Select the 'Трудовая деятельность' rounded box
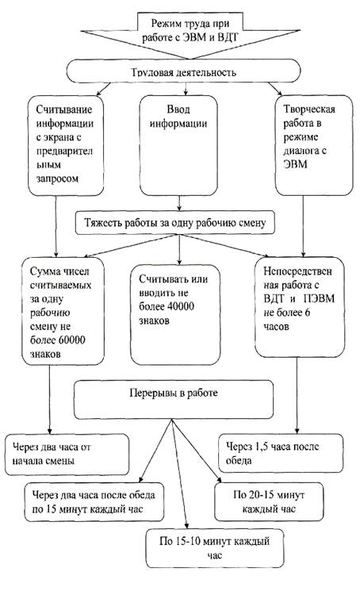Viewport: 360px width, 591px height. tap(183, 71)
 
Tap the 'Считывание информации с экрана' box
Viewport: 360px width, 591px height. tap(66, 145)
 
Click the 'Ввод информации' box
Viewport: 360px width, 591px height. tap(178, 145)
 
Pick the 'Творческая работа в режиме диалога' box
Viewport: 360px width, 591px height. tap(314, 145)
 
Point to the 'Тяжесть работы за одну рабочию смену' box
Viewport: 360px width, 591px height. tap(175, 223)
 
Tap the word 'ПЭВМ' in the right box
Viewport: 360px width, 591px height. tap(319, 299)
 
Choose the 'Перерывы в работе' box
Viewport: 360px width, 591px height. tap(174, 400)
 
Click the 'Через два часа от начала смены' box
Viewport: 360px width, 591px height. tap(67, 455)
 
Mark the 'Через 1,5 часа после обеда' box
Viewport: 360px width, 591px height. tap(281, 454)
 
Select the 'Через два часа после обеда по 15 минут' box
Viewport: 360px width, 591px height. tap(94, 502)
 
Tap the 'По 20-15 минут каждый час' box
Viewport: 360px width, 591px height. tap(269, 501)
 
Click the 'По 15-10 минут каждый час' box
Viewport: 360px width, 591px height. tap(215, 548)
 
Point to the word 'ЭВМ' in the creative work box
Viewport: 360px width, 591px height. tap(295, 164)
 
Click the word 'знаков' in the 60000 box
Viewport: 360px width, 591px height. tap(45, 355)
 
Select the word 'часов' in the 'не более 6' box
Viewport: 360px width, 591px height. tap(276, 326)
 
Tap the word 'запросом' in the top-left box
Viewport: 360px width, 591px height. tap(57, 178)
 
